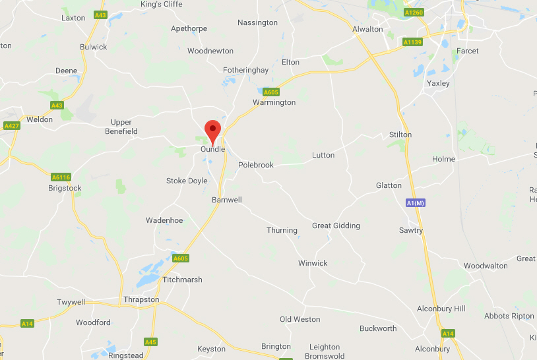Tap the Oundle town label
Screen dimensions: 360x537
click(x=212, y=149)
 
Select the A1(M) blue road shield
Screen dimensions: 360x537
click(x=416, y=203)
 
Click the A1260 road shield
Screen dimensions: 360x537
click(x=414, y=13)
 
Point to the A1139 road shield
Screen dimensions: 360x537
click(x=412, y=42)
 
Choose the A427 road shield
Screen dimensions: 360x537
click(x=12, y=125)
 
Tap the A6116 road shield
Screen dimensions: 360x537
click(x=61, y=177)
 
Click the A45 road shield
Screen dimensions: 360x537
click(x=151, y=342)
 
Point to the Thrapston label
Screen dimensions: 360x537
click(x=141, y=299)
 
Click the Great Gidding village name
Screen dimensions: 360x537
click(x=336, y=225)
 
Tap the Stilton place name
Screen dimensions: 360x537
click(x=400, y=135)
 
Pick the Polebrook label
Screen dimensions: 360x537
click(x=255, y=165)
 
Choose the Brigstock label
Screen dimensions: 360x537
click(x=65, y=188)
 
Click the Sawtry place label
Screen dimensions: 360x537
click(x=411, y=230)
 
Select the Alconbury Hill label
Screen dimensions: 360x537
click(x=441, y=309)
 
